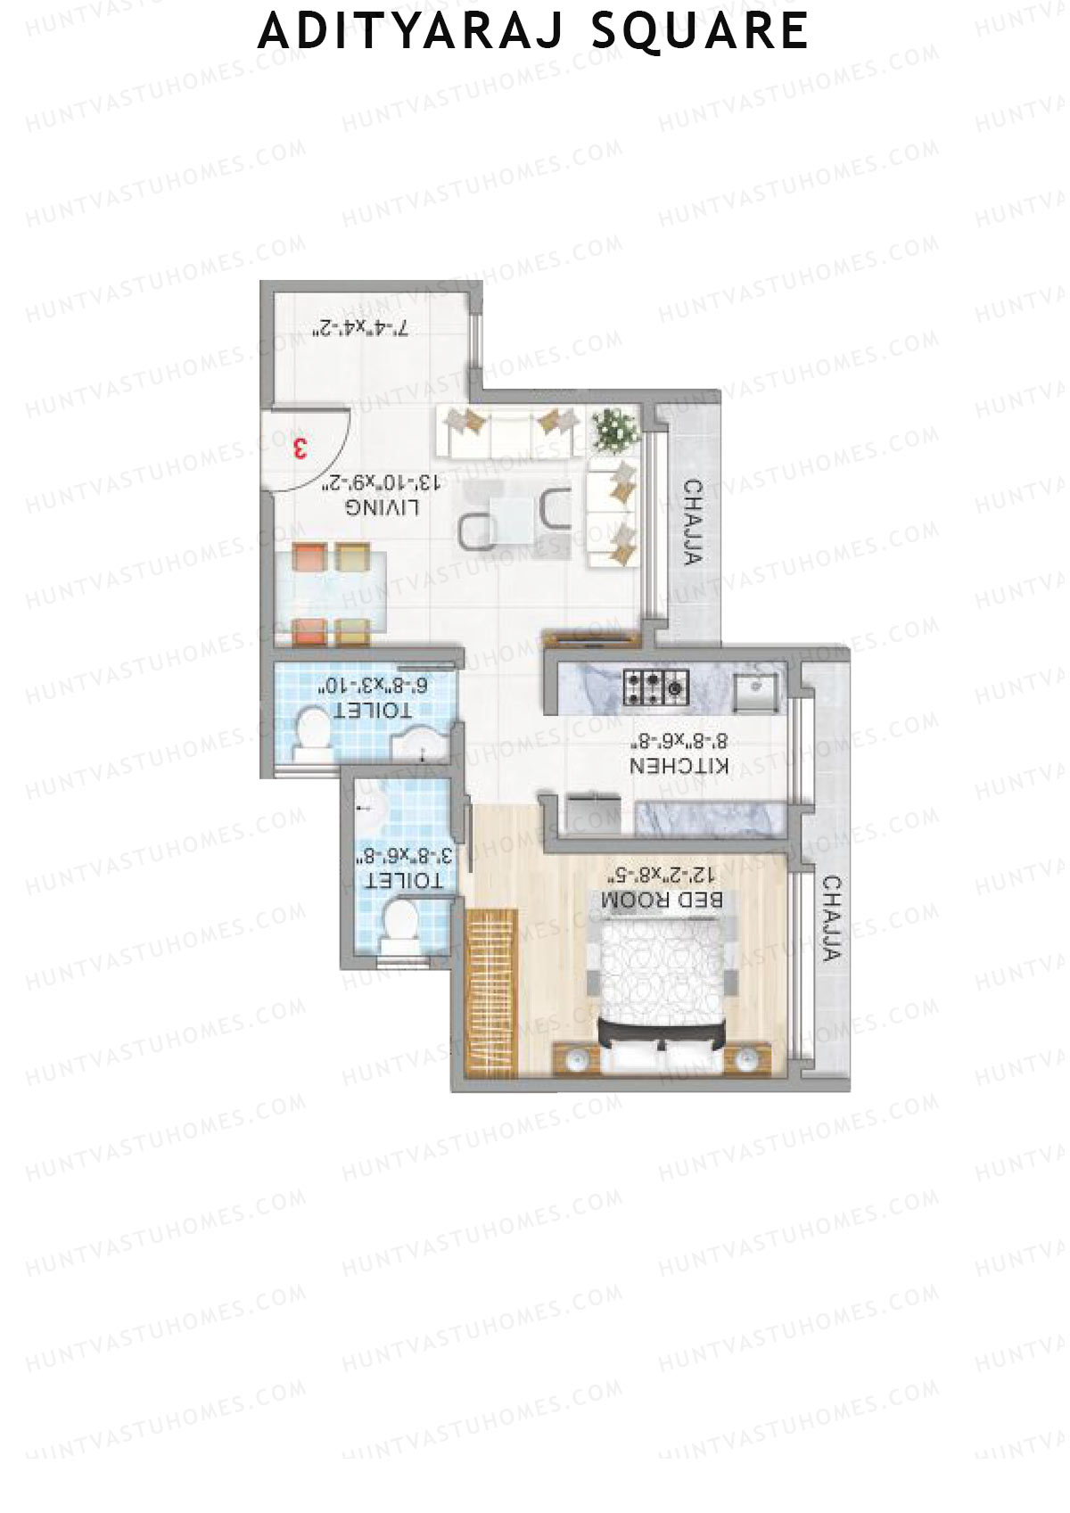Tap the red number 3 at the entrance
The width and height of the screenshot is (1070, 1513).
(x=300, y=448)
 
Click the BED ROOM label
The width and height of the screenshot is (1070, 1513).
(x=662, y=900)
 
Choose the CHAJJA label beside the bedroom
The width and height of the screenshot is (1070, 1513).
(x=831, y=918)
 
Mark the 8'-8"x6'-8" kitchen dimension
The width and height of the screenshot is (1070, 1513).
(x=680, y=740)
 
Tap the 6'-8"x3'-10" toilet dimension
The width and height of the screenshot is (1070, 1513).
(x=374, y=686)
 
